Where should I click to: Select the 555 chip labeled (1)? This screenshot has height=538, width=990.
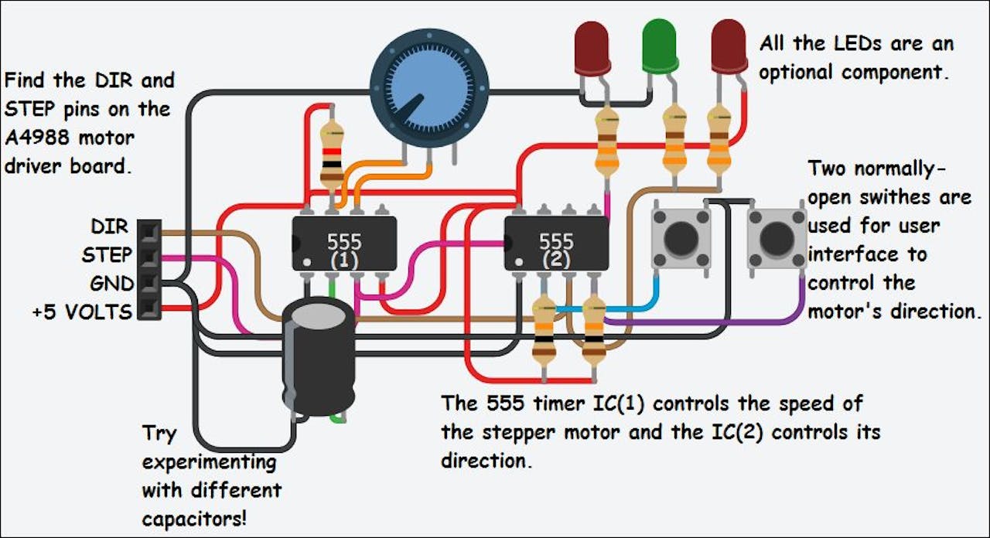(344, 242)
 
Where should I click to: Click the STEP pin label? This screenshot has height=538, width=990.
(107, 254)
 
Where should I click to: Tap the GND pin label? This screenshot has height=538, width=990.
(111, 283)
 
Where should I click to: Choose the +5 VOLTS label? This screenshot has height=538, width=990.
(82, 312)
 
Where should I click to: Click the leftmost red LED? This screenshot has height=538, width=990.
(592, 46)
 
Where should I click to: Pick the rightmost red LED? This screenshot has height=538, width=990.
(729, 46)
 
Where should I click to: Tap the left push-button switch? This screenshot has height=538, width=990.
(681, 239)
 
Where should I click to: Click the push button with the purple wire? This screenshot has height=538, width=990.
(776, 239)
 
